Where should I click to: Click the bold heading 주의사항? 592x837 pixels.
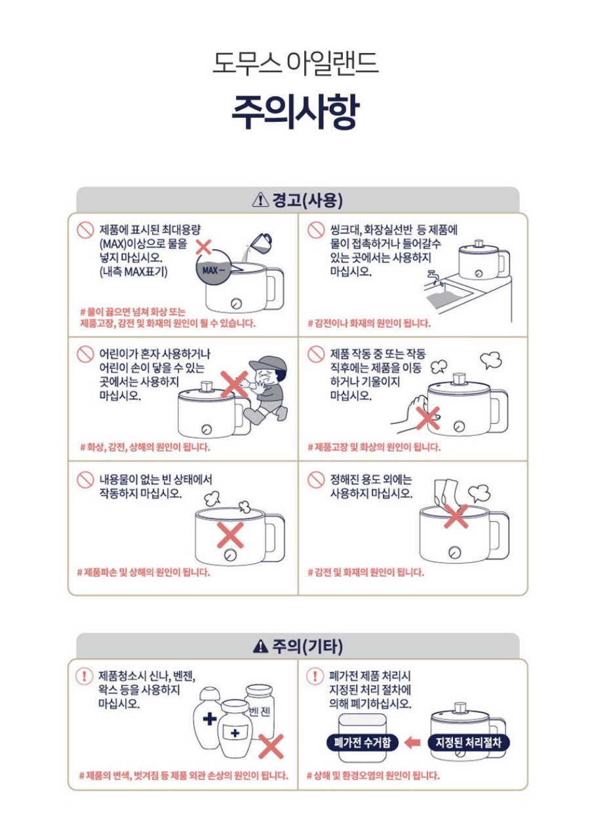296,111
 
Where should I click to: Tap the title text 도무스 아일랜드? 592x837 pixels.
296,63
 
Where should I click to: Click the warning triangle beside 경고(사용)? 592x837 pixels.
260,200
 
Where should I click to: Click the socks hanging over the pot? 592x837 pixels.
446,492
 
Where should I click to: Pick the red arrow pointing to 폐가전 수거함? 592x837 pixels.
412,742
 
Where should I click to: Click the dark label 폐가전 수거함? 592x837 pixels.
362,742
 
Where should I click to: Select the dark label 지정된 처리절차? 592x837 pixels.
468,742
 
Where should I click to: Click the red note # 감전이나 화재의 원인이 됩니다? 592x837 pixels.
369,323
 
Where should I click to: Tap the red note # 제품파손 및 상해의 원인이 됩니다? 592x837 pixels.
143,572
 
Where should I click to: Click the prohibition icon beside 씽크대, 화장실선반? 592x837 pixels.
316,230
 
